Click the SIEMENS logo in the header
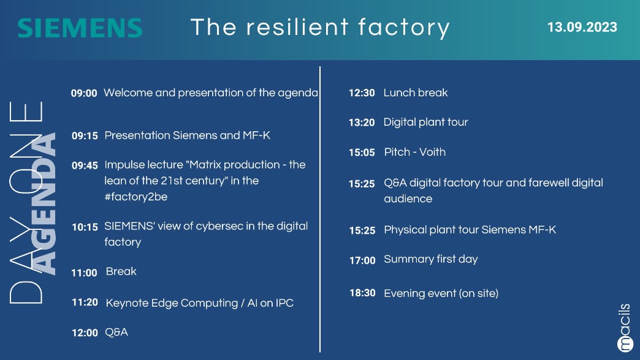(80, 28)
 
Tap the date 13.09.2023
(582, 28)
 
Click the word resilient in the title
(297, 27)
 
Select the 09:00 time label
(84, 93)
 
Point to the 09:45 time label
(85, 166)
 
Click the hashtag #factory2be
(136, 197)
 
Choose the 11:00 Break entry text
(121, 272)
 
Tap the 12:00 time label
(85, 333)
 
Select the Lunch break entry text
(416, 93)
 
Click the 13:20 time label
(362, 123)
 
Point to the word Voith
(432, 152)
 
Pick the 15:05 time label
(362, 153)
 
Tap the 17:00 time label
(362, 261)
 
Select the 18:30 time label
(362, 293)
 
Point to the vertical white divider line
(320, 209)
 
